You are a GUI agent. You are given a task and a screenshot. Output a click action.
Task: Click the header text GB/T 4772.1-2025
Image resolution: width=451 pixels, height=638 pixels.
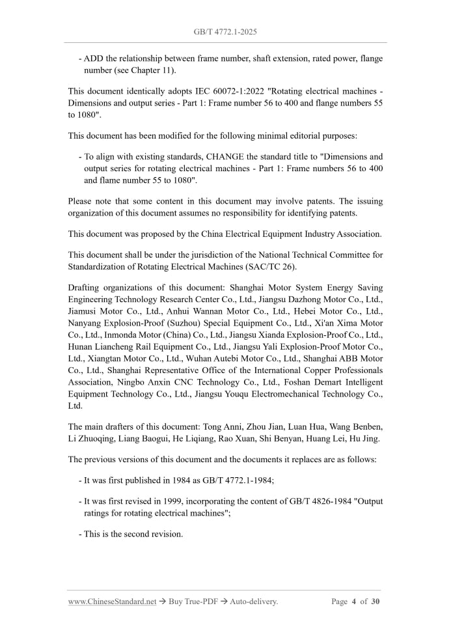tap(225, 31)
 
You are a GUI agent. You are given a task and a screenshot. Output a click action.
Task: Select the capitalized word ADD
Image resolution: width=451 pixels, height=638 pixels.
tap(94, 59)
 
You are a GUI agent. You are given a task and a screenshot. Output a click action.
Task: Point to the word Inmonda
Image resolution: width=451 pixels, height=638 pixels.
tap(111, 335)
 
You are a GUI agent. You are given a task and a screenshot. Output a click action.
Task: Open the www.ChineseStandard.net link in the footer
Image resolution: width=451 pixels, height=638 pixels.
tap(112, 602)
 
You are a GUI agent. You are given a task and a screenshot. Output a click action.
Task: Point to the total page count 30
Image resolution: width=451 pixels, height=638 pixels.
tap(375, 602)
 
